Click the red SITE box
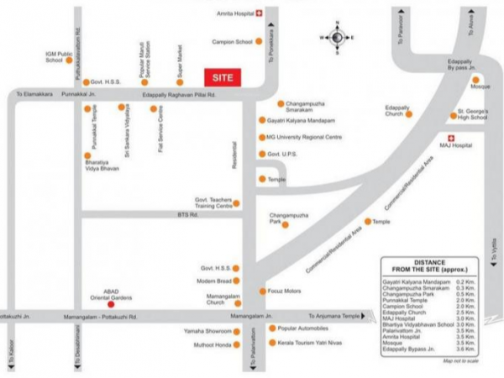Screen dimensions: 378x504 pyautogui.click(x=223, y=76)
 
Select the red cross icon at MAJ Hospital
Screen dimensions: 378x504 pyautogui.click(x=450, y=137)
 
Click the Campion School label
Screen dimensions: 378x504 pyautogui.click(x=233, y=40)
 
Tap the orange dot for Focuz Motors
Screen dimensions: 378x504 pyautogui.click(x=261, y=291)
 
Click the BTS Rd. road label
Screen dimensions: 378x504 pyautogui.click(x=188, y=216)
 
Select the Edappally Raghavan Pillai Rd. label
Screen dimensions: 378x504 pyautogui.click(x=179, y=96)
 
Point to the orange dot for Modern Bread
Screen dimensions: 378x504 pyautogui.click(x=238, y=281)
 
